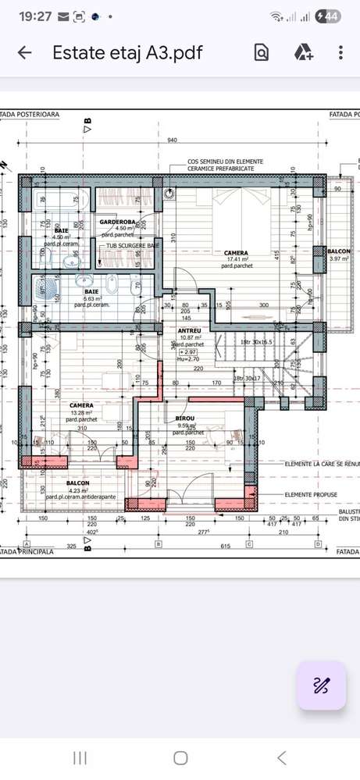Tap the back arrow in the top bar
coord(25,53)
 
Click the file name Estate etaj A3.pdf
coord(127,53)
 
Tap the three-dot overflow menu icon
coord(340,53)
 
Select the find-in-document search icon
coord(262,53)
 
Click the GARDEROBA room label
coord(118,223)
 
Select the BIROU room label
coord(175,418)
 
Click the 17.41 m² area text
coord(235,260)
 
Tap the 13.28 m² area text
coord(81,413)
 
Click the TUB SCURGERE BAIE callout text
coord(134,245)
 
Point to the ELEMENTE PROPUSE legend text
coord(310,494)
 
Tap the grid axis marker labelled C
coord(249,543)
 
